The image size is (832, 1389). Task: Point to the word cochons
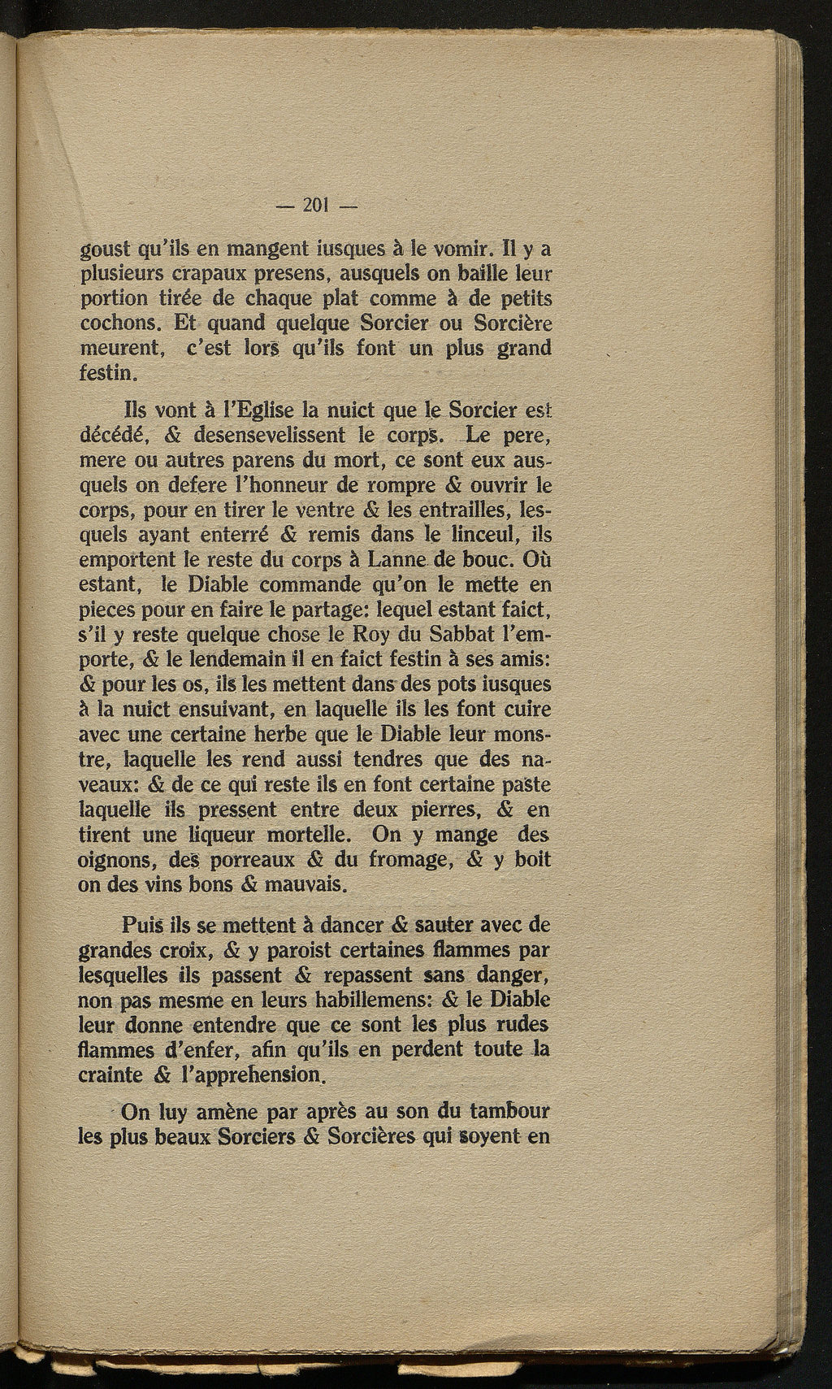click(x=122, y=323)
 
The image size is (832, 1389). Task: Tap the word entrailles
click(x=469, y=510)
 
